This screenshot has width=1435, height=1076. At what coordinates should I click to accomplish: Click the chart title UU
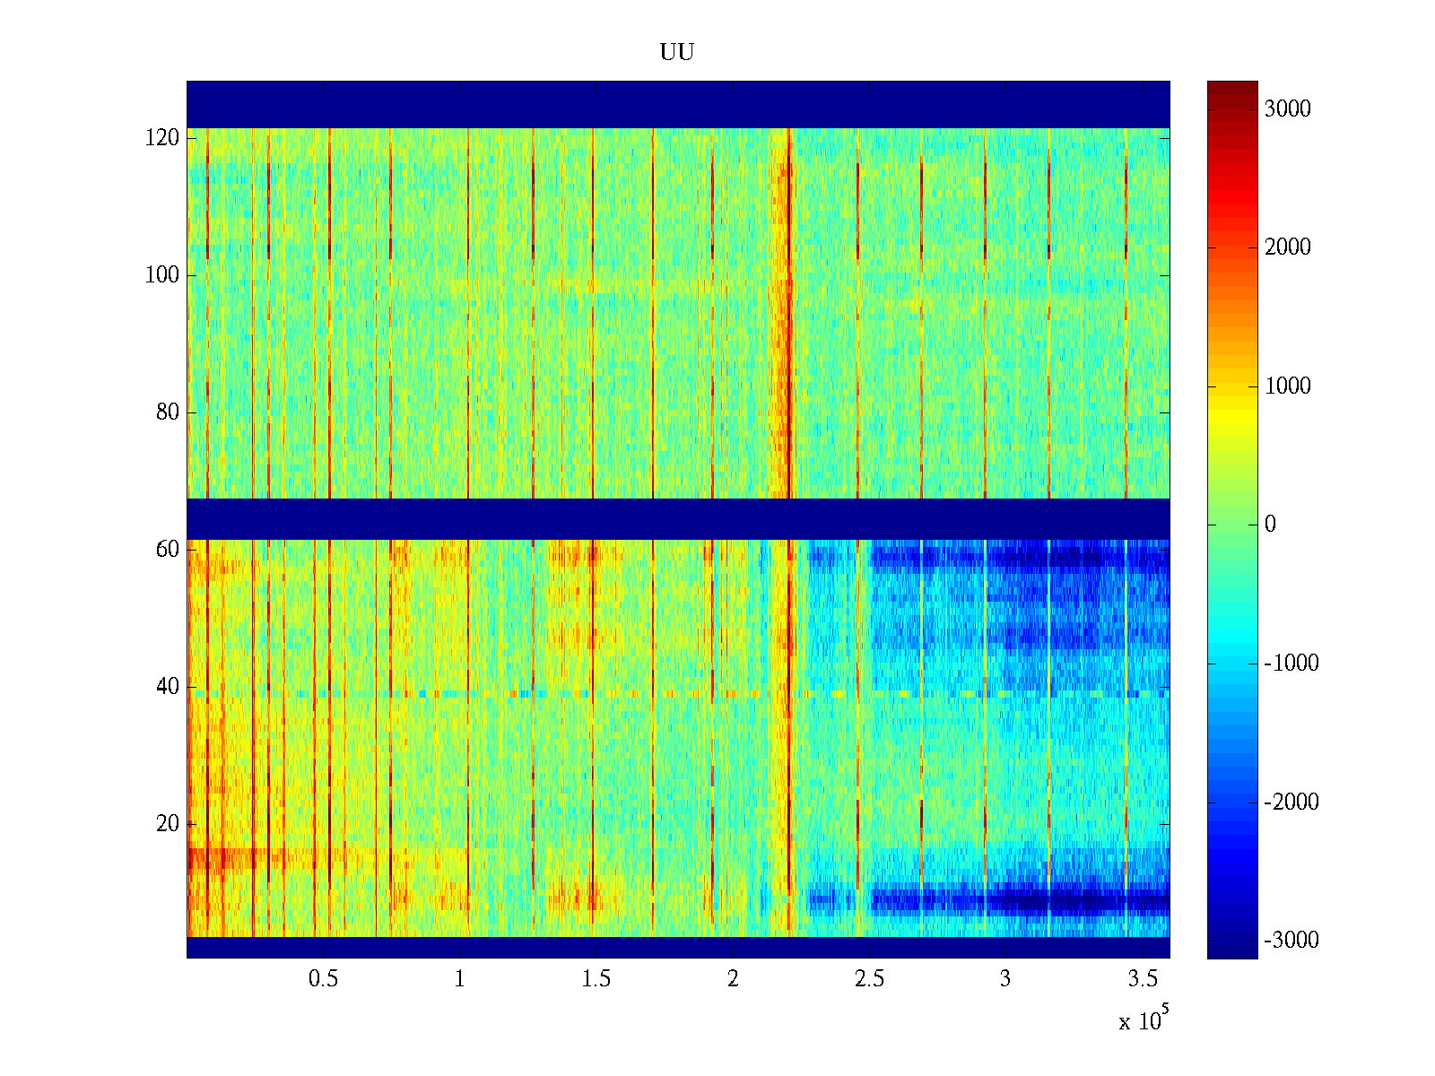click(x=677, y=53)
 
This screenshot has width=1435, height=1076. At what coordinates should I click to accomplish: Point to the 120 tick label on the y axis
click(x=162, y=138)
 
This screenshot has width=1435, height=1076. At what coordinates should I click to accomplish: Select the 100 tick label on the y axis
click(x=162, y=275)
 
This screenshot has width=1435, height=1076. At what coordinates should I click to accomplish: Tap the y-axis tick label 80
click(x=168, y=412)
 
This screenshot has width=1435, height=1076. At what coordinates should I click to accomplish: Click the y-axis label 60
click(x=168, y=550)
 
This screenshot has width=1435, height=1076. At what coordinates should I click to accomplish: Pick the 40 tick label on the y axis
click(x=168, y=687)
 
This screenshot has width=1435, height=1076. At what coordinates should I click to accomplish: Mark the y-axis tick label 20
click(x=168, y=824)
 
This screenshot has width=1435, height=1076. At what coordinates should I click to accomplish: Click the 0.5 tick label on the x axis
click(x=323, y=979)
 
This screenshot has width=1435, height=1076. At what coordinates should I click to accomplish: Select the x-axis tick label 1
click(x=459, y=979)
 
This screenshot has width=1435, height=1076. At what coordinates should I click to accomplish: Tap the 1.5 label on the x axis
click(x=596, y=979)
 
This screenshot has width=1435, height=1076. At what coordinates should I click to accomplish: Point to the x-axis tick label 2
click(x=733, y=979)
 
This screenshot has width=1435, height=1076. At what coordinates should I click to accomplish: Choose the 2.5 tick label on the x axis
click(x=869, y=979)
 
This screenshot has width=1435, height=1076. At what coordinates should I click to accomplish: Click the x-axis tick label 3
click(x=1005, y=979)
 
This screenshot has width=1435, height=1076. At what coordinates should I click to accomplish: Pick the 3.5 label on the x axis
click(x=1142, y=979)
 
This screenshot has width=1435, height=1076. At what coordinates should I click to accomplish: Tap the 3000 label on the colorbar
click(x=1288, y=109)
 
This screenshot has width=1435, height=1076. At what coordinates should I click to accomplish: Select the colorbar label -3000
click(x=1291, y=941)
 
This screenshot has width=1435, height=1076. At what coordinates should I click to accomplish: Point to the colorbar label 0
click(x=1270, y=525)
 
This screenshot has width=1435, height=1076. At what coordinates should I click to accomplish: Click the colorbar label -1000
click(x=1291, y=664)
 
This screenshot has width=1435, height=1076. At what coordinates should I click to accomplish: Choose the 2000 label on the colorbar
click(x=1288, y=247)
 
